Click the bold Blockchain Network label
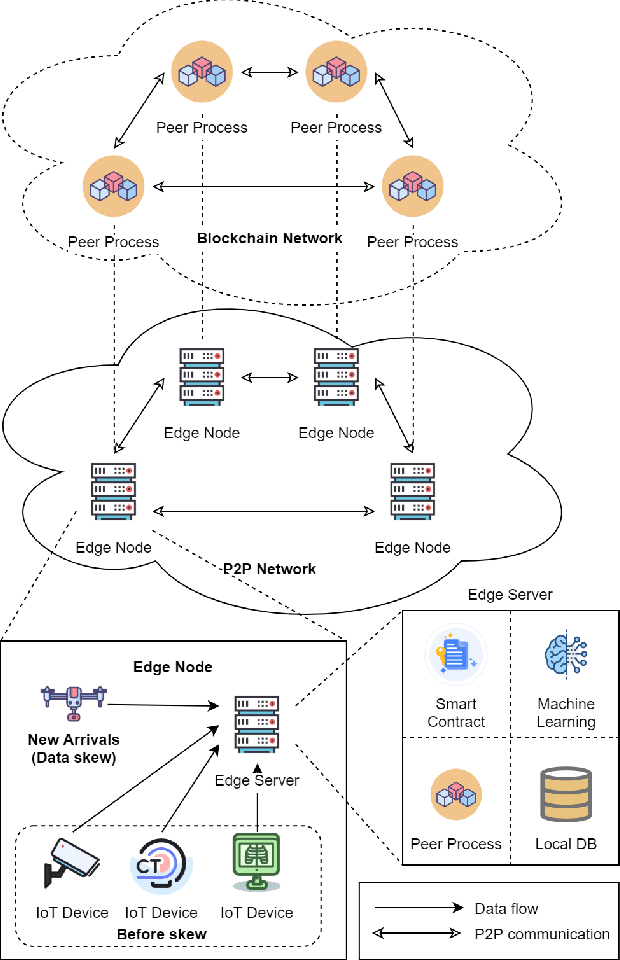[269, 238]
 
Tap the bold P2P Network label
[269, 569]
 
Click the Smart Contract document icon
[456, 656]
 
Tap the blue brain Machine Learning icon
[566, 656]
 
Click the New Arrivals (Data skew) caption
[74, 748]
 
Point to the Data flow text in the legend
[506, 909]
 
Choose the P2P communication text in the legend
[541, 934]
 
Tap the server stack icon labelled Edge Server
[257, 724]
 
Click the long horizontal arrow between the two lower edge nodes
[262, 512]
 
